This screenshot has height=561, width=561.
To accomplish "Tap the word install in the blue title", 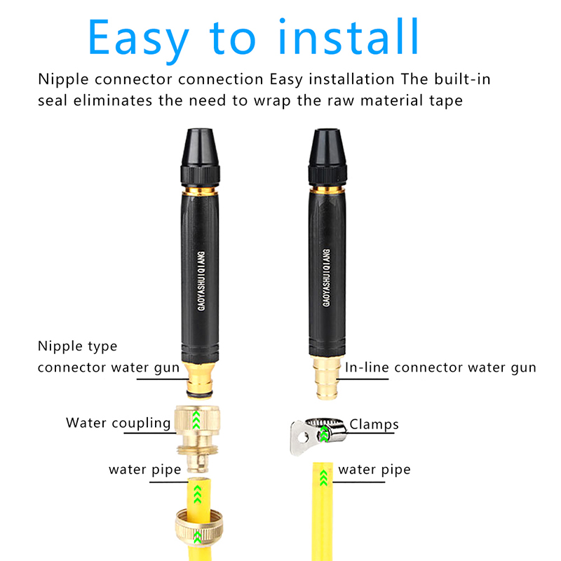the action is click(348, 36).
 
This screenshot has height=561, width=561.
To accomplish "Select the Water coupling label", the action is click(118, 423).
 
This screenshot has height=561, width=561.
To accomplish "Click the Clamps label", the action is click(374, 424).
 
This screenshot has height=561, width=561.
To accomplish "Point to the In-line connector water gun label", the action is click(440, 368).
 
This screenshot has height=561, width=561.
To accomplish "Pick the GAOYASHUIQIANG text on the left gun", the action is click(201, 281).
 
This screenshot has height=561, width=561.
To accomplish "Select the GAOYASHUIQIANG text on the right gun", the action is click(326, 278).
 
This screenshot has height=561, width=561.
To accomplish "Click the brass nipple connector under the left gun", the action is click(200, 380).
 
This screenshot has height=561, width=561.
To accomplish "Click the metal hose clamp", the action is click(318, 435).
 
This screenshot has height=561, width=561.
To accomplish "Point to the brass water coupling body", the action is click(198, 439).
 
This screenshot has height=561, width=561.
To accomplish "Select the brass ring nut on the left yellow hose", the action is click(199, 529).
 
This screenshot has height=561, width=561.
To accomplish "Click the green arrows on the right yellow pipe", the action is click(323, 478).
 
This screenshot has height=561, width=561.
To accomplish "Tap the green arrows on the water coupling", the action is click(196, 420).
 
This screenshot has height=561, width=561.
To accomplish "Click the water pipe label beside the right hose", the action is click(374, 470).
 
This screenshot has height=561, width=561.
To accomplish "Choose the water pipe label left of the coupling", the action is click(145, 470).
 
